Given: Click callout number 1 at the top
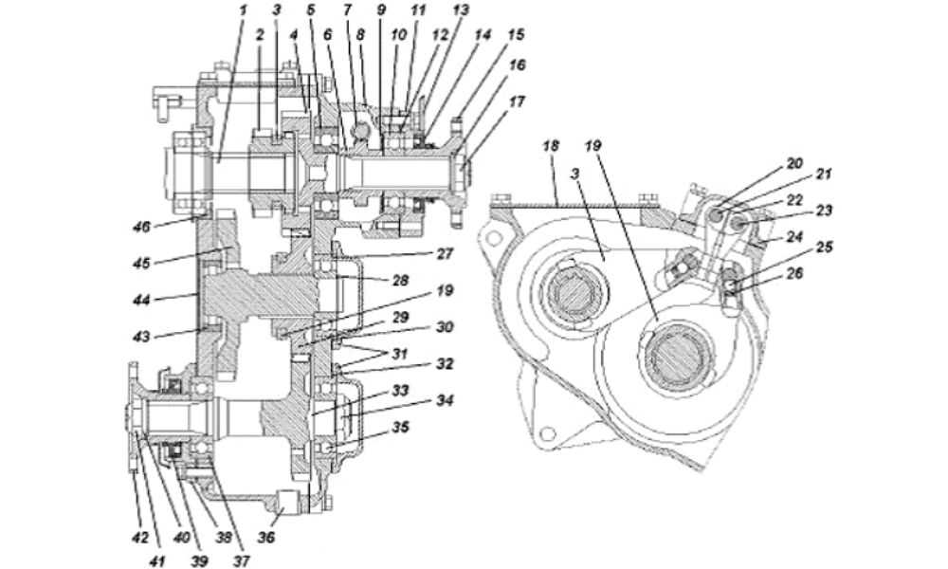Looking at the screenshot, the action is click(244, 10).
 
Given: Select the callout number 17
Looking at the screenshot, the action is click(516, 101).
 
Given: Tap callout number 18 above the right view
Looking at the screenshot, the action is click(551, 146).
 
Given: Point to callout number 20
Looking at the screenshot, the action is click(794, 164).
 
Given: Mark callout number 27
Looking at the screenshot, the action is click(445, 253).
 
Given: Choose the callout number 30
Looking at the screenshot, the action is click(445, 327).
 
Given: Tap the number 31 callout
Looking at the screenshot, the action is click(400, 354).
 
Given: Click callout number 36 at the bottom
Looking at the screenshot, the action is click(266, 537).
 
